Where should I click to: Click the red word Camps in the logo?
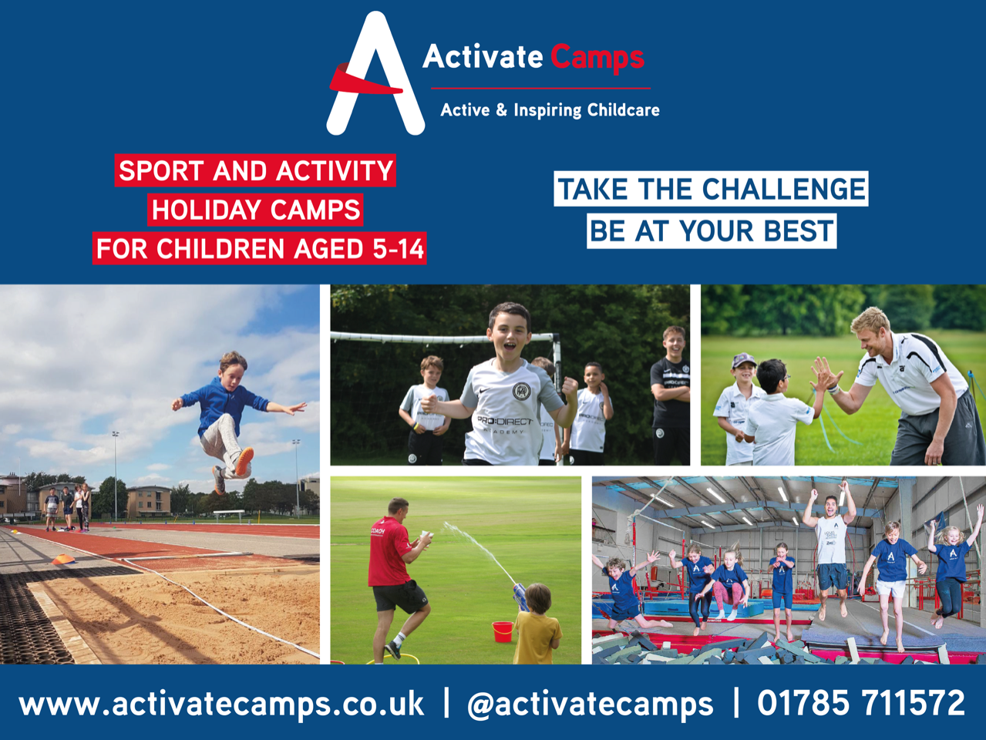(x=598, y=59)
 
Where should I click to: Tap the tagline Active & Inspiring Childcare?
(x=550, y=110)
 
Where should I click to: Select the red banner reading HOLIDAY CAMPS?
(x=256, y=210)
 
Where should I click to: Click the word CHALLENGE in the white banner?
(x=783, y=189)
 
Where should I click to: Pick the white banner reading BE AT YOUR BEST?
(x=712, y=231)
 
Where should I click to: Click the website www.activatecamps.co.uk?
(x=221, y=704)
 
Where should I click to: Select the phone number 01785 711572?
(x=860, y=703)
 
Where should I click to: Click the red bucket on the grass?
(x=503, y=631)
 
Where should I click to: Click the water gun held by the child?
(x=520, y=596)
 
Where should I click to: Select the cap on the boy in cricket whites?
(x=743, y=361)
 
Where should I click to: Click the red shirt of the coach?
(x=389, y=552)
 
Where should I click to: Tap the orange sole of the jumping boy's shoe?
(x=244, y=461)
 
